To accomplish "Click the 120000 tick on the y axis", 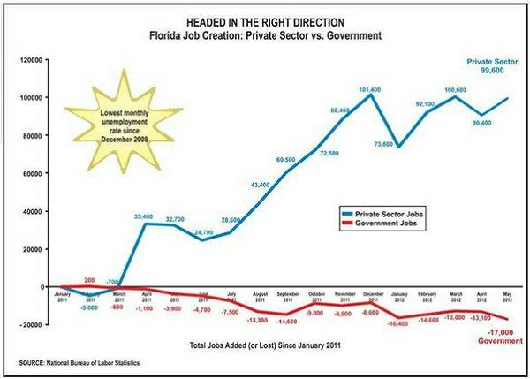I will (33, 60).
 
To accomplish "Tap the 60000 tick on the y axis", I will (34, 173).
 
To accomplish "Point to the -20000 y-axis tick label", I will (34, 324).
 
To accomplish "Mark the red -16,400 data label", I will (399, 325).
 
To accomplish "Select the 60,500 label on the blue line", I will (285, 160).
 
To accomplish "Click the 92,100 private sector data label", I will (427, 104).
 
